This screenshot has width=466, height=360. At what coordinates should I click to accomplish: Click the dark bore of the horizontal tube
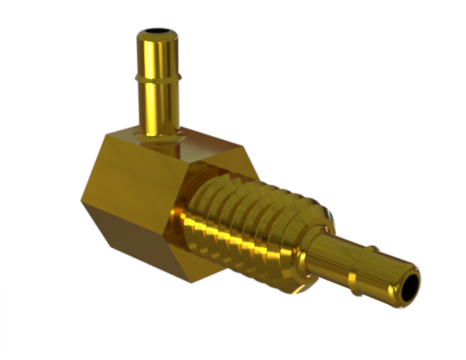(407, 285)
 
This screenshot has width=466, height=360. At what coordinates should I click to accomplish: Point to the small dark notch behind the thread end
(327, 215)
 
